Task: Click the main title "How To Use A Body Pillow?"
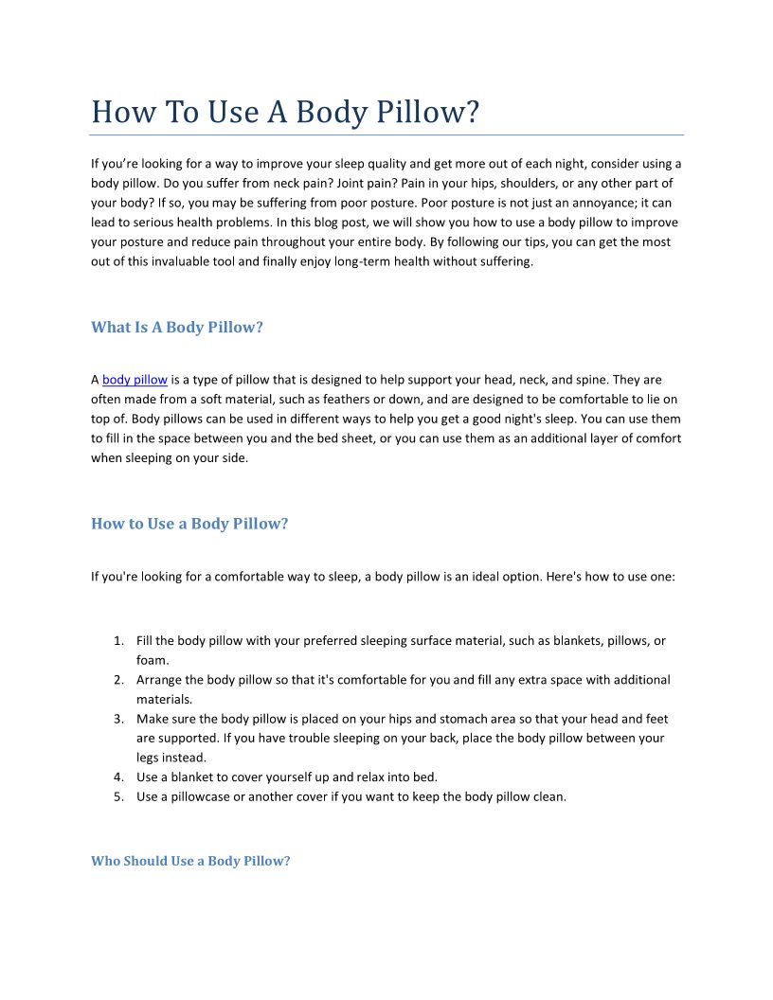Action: coord(285,112)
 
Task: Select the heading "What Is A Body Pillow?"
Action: coord(177,328)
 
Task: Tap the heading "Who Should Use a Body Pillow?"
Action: coord(190,861)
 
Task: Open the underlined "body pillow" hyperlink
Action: coord(135,380)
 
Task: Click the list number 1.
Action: coord(118,641)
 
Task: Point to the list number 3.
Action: coord(118,719)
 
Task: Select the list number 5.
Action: coord(118,796)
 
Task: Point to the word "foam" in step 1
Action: coord(152,660)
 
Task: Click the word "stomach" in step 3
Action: coord(411,719)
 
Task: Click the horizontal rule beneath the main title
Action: coord(386,135)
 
